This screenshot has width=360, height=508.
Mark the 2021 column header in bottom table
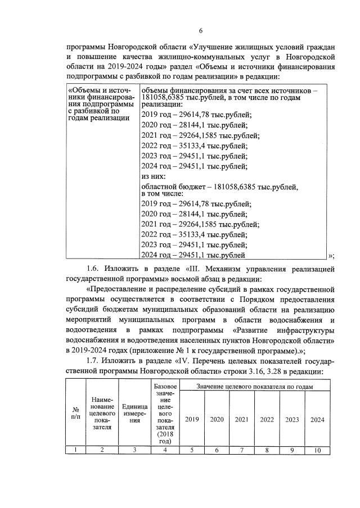(242, 419)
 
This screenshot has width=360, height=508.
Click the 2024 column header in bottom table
(318, 419)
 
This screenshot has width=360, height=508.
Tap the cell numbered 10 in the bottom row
(318, 450)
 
